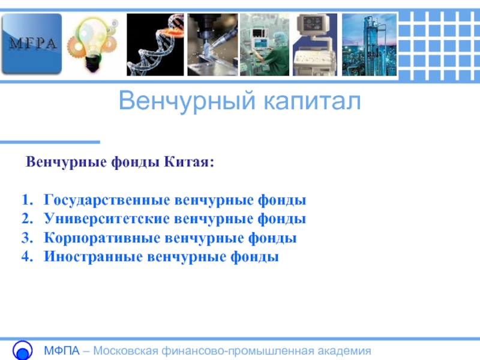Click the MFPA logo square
pos(31,44)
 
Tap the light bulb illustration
pos(92,44)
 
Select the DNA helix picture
pos(155,44)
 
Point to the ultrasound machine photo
pos(315,44)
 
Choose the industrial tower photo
pos(369,44)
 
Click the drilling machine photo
pos(212,44)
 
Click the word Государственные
pos(107,200)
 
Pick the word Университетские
pos(107,219)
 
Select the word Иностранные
pos(93,257)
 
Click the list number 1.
pos(27,200)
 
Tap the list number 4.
pos(27,257)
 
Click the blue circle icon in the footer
pos(22,350)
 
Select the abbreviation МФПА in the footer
pos(62,351)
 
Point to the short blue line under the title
pos(50,142)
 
